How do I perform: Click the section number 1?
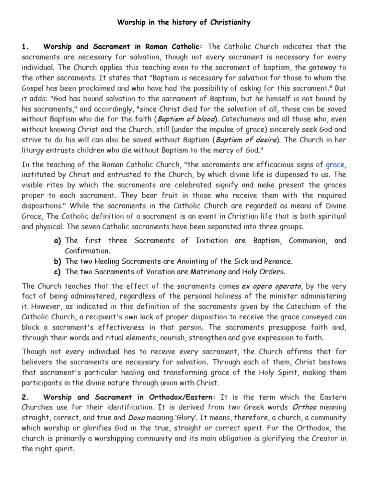[x=26, y=47]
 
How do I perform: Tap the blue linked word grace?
[x=335, y=164]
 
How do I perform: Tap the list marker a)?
[x=57, y=241]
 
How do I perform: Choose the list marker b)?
[x=57, y=261]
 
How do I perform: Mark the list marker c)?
[x=57, y=272]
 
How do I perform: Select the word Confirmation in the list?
[x=87, y=251]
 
